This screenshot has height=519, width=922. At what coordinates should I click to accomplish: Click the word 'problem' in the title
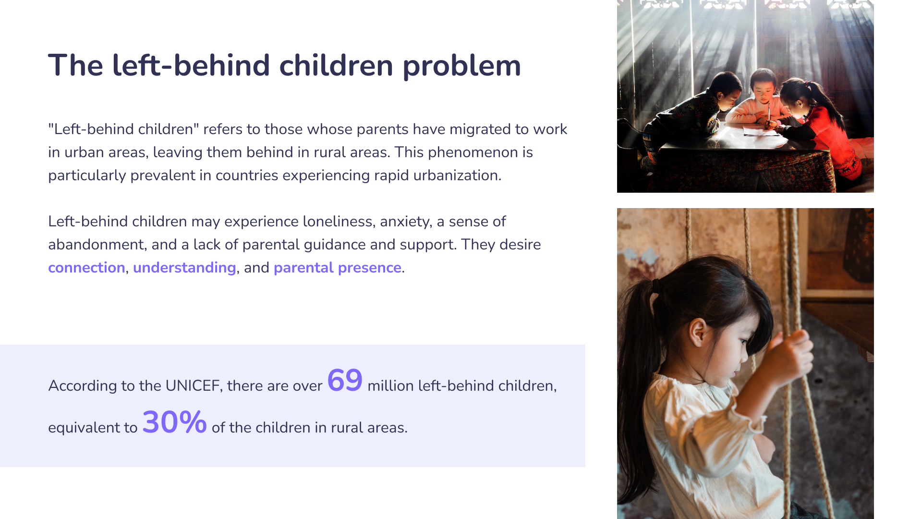click(461, 66)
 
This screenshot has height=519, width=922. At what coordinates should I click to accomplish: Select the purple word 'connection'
click(86, 268)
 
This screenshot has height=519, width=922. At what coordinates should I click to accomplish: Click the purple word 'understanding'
click(184, 268)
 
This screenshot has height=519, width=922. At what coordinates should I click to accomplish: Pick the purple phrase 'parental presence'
click(338, 268)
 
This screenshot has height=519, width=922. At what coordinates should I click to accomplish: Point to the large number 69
click(345, 381)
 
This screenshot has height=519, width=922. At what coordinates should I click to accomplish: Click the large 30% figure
click(174, 422)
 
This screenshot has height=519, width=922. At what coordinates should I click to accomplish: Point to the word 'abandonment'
click(96, 245)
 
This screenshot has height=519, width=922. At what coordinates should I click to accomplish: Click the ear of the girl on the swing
click(697, 332)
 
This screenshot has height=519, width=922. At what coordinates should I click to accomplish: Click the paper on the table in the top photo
click(761, 131)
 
